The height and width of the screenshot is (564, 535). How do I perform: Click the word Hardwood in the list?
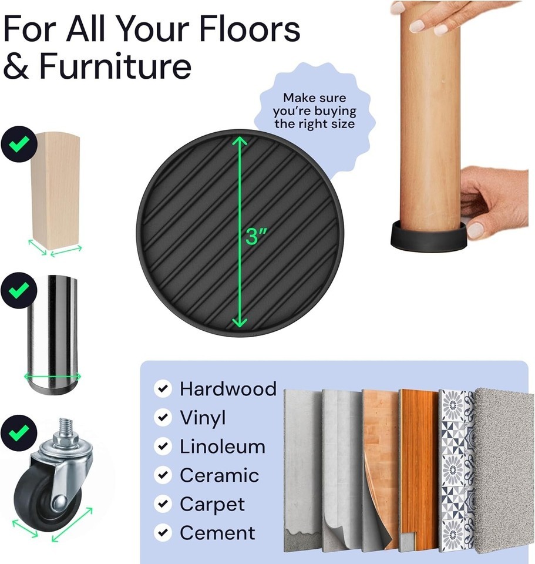click(x=228, y=389)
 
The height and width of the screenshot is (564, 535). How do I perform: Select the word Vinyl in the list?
click(x=203, y=418)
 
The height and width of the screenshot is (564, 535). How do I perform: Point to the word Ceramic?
click(x=220, y=475)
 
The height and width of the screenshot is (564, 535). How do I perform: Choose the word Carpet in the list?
click(x=213, y=505)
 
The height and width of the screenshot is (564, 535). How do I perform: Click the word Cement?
click(x=218, y=533)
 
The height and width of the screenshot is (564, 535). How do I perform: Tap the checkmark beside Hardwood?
click(x=163, y=388)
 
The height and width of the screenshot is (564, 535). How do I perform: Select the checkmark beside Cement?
click(x=163, y=532)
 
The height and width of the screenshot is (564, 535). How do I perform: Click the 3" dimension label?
click(x=257, y=236)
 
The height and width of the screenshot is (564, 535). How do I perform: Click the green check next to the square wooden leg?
click(x=19, y=144)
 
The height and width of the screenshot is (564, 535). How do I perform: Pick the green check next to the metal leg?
click(x=19, y=290)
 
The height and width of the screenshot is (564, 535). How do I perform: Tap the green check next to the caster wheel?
click(x=19, y=433)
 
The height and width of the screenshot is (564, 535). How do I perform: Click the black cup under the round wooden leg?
click(x=428, y=237)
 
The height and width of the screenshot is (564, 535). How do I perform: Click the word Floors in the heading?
click(x=249, y=28)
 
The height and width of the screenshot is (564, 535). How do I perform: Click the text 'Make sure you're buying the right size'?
click(x=315, y=111)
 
